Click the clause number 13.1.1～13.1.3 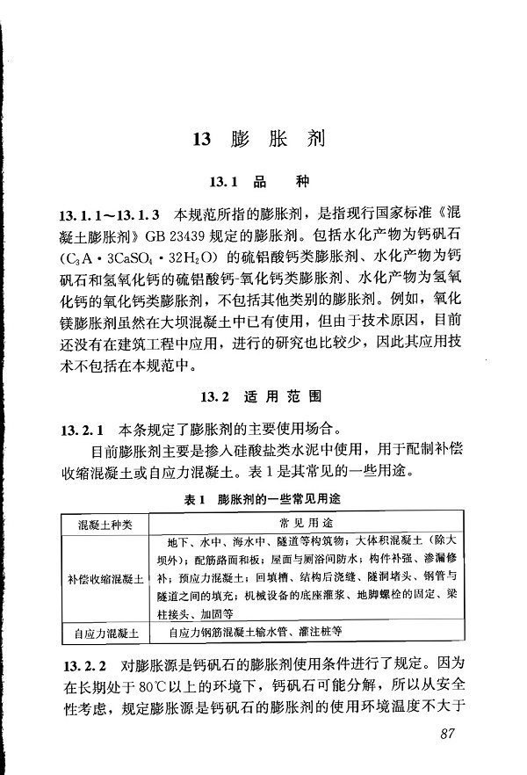coord(109,214)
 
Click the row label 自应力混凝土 coord(105,633)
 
